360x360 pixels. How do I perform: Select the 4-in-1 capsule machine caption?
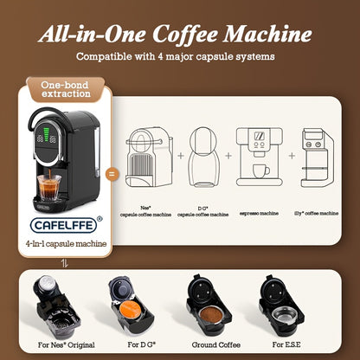point(67,244)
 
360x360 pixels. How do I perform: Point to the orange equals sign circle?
point(110,174)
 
